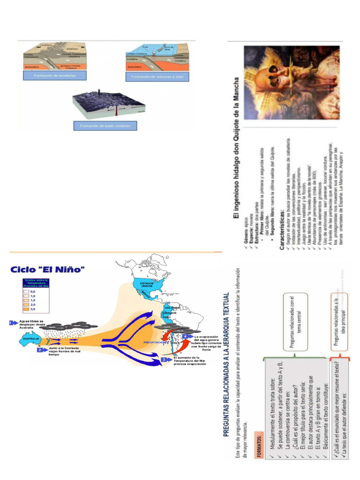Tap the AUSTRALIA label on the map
pos(31,338)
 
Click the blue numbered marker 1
pos(13,322)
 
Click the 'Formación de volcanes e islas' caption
pos(157,76)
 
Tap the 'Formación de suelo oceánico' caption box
pos(105,126)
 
